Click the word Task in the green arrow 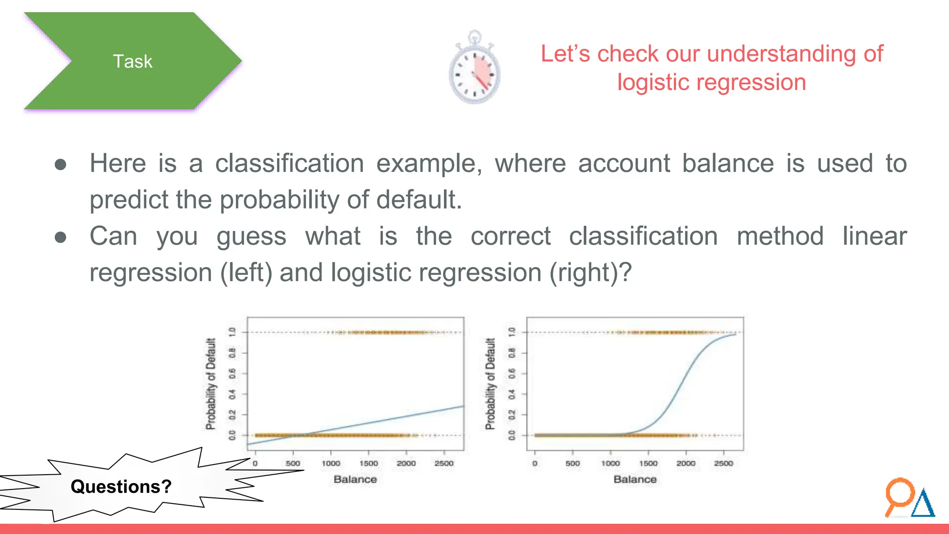(x=133, y=62)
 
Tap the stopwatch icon (x=474, y=69)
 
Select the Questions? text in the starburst (x=121, y=487)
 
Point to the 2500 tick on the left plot (x=444, y=463)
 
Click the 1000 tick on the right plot (x=610, y=463)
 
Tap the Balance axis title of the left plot (x=355, y=479)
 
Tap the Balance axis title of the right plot (x=635, y=479)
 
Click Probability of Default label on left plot (x=211, y=384)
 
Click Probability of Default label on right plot (x=490, y=384)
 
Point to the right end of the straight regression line (x=462, y=407)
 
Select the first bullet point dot (x=60, y=165)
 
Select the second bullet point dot (x=60, y=237)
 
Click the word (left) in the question (x=246, y=272)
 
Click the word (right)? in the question (x=590, y=272)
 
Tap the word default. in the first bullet (x=419, y=200)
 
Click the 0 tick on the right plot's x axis (x=535, y=463)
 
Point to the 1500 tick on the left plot (x=368, y=463)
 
